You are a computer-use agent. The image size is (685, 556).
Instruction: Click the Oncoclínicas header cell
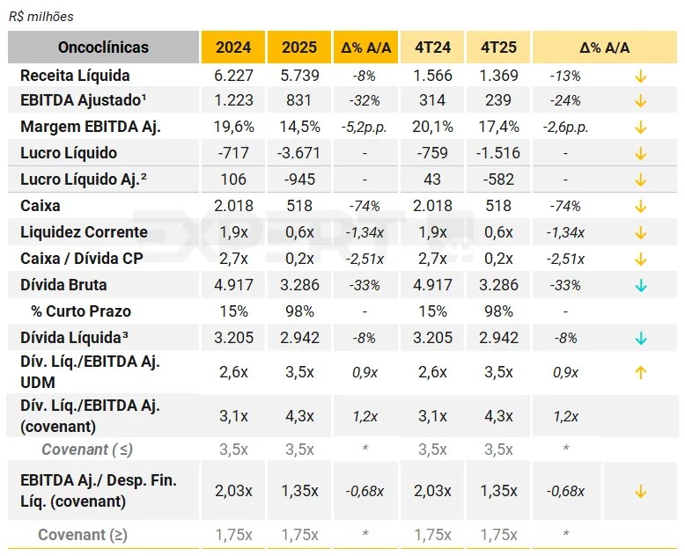(x=103, y=48)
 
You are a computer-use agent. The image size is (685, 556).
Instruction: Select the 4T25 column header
(x=498, y=48)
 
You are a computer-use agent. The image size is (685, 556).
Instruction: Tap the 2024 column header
(x=233, y=48)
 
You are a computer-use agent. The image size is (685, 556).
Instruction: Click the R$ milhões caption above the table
(x=41, y=17)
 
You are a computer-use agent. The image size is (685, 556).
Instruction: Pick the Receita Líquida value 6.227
(x=233, y=76)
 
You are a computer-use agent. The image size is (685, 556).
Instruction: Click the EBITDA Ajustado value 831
(x=299, y=100)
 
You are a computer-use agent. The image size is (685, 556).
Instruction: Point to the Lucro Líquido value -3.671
(x=299, y=153)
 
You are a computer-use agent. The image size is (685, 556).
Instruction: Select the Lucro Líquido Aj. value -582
(x=498, y=179)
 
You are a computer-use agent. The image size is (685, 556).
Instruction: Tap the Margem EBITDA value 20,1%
(x=432, y=127)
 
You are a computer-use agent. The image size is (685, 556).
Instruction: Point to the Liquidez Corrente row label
(x=84, y=232)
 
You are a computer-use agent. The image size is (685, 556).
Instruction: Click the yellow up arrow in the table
(x=640, y=372)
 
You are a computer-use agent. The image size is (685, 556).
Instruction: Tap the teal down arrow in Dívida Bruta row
(x=640, y=285)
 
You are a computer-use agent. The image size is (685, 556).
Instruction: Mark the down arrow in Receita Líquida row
(x=640, y=76)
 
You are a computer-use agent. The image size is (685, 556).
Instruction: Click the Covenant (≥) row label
(x=85, y=534)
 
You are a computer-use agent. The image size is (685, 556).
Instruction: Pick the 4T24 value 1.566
(x=432, y=76)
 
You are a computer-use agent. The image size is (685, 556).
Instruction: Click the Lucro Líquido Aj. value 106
(x=233, y=179)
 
